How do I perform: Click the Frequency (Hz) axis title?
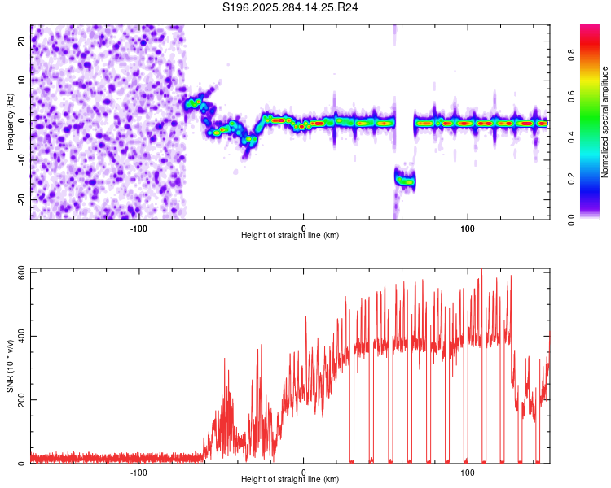[x=10, y=121]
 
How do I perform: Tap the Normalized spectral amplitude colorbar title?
[x=605, y=122]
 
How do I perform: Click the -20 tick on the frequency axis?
[x=20, y=199]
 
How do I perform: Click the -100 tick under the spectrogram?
[x=138, y=228]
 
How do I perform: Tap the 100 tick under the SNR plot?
[x=468, y=472]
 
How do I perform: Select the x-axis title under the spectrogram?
[x=290, y=236]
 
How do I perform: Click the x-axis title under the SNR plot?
[x=290, y=480]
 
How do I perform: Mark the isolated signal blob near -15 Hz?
[x=405, y=180]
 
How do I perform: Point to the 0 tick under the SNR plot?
[x=304, y=472]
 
